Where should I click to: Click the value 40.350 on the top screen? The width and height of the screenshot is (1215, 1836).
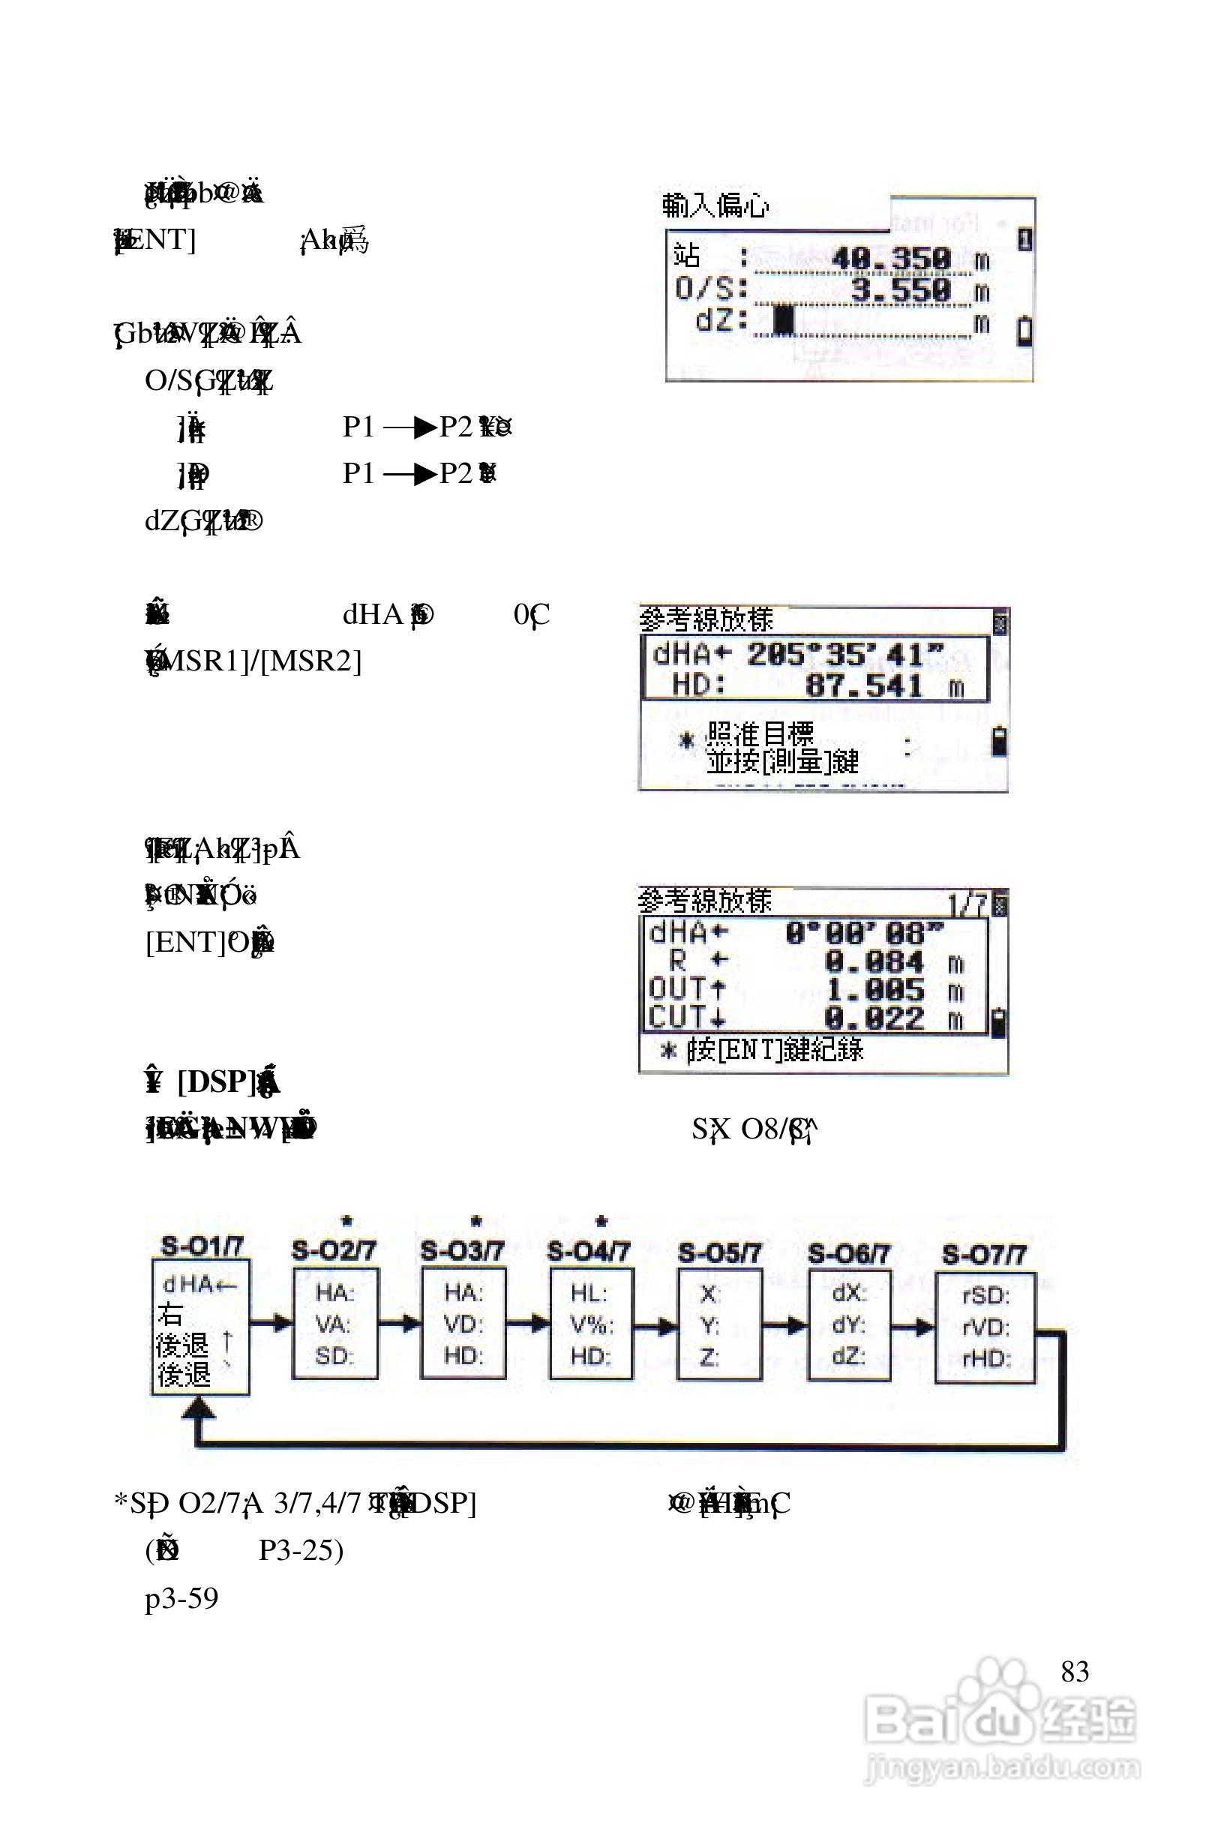tap(891, 258)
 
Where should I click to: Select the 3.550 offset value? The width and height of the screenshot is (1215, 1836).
tap(901, 290)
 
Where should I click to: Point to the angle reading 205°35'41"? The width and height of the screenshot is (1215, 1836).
tap(845, 655)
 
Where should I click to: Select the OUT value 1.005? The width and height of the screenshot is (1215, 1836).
tap(874, 990)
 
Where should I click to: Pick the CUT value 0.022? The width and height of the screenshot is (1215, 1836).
tap(874, 1018)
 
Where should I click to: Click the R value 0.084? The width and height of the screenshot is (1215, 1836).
tap(874, 962)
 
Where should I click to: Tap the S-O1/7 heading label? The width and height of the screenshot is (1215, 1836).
tap(202, 1246)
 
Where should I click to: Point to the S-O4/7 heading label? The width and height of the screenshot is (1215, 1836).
tap(589, 1251)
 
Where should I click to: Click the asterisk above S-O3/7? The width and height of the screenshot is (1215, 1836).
tap(476, 1221)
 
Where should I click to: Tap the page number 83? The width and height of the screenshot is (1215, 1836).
tap(1075, 1672)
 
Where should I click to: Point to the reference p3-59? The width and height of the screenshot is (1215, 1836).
tap(182, 1598)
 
